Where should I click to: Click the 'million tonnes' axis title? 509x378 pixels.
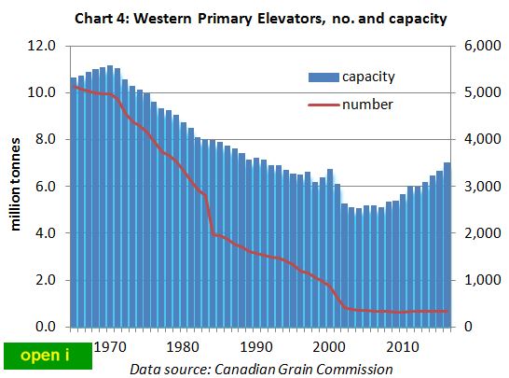[x=16, y=187]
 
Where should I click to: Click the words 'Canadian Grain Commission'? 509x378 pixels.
[x=318, y=369]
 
